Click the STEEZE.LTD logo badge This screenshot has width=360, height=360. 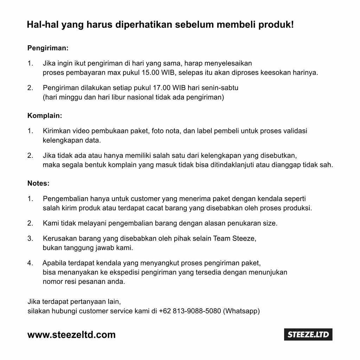click(308, 334)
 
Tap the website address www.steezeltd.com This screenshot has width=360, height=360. click(71, 335)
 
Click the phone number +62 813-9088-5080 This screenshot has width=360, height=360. click(190, 311)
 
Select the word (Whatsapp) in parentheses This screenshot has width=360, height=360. click(242, 311)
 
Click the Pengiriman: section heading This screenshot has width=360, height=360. click(48, 48)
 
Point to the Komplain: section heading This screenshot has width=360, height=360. click(45, 115)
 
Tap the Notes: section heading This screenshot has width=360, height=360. click(38, 183)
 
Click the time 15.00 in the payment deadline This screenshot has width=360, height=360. click(150, 73)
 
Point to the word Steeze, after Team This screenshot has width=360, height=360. click(244, 239)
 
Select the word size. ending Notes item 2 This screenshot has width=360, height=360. click(270, 223)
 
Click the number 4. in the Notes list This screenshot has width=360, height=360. click(30, 263)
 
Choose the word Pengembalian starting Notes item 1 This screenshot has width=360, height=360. click(66, 199)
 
